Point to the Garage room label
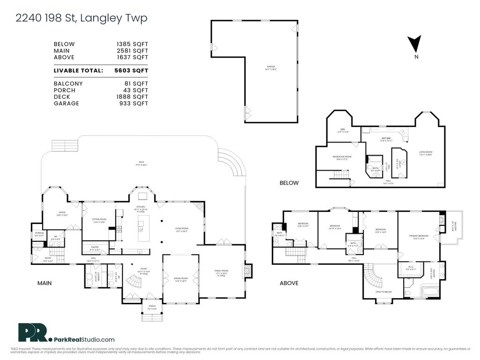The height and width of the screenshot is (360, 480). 271,67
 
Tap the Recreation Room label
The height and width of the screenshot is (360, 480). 342,157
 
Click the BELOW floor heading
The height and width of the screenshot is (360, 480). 289,183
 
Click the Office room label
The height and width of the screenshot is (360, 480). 62,213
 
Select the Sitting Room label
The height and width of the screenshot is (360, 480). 98,220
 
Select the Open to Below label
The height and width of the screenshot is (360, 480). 384,292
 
